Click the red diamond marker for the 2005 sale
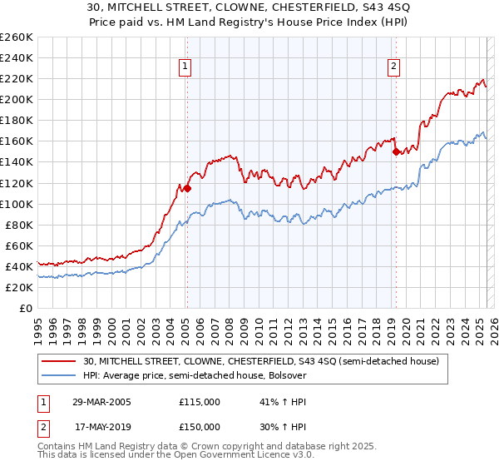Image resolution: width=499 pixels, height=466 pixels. (x=187, y=188)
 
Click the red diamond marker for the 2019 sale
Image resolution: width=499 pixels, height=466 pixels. (x=396, y=151)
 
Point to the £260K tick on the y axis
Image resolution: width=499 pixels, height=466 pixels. (x=17, y=37)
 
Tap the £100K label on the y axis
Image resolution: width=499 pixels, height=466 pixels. (x=17, y=204)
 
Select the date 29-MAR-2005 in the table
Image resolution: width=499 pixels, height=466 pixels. (x=101, y=402)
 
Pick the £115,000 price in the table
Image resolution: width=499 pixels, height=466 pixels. (x=200, y=402)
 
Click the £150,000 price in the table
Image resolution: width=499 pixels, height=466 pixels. (x=200, y=427)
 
